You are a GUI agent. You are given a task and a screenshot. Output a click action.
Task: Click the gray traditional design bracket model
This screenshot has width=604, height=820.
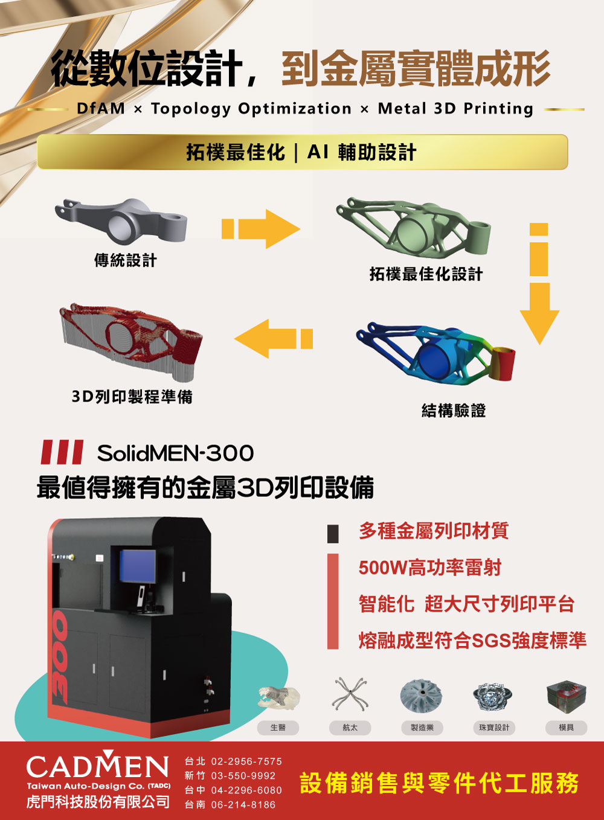pyautogui.click(x=121, y=222)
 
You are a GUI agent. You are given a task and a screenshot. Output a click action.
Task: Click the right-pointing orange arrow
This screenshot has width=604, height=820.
pyautogui.click(x=261, y=229)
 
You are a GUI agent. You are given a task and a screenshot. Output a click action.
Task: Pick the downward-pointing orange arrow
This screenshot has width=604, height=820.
pyautogui.click(x=539, y=284)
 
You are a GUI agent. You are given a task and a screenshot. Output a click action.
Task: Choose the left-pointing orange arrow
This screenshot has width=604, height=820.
pyautogui.click(x=274, y=339)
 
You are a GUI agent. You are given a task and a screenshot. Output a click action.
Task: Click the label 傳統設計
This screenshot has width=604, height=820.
pyautogui.click(x=126, y=260)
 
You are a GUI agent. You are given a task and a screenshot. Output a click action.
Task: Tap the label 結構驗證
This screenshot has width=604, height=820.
pyautogui.click(x=454, y=411)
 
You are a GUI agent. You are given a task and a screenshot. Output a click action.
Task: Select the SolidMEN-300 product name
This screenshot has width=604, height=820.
pyautogui.click(x=175, y=453)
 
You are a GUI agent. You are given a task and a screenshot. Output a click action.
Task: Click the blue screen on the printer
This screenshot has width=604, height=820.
pyautogui.click(x=137, y=566)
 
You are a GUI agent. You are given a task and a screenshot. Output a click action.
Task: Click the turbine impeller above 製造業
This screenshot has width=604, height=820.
pyautogui.click(x=421, y=696)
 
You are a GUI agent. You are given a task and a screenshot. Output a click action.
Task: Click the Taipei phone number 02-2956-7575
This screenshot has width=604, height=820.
pyautogui.click(x=246, y=761)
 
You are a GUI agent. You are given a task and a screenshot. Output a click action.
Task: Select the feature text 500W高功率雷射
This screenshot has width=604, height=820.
pyautogui.click(x=430, y=568)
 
